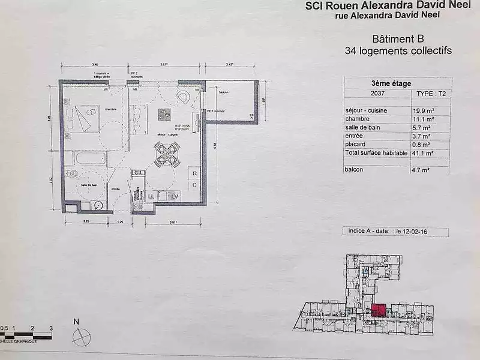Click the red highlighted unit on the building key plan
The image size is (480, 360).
click(378, 310)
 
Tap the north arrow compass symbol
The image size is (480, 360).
click(80, 336)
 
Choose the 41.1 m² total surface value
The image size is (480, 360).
click(423, 153)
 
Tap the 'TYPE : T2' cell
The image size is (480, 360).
click(431, 94)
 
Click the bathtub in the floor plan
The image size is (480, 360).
click(89, 159)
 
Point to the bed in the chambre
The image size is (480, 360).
click(85, 117)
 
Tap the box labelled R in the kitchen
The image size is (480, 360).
click(194, 173)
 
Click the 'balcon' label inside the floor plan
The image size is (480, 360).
click(224, 92)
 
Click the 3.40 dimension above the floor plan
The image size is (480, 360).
click(95, 64)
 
